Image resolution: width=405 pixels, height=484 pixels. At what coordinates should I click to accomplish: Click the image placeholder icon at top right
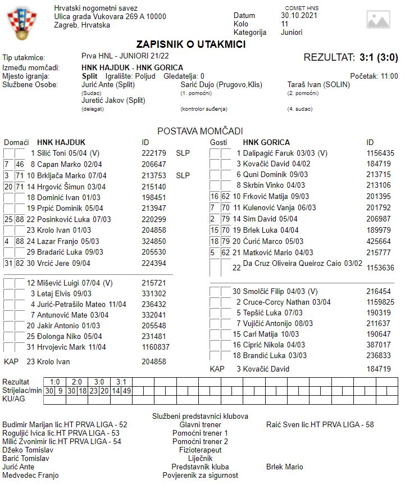click(377, 20)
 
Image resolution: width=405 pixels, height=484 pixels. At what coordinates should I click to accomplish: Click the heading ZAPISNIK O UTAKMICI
click(191, 44)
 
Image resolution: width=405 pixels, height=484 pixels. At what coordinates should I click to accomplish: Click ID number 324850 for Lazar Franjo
click(154, 241)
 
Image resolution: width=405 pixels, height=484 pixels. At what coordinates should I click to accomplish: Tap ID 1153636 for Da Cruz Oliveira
click(380, 268)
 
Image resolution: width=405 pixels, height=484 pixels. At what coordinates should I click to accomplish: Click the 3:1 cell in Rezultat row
click(121, 382)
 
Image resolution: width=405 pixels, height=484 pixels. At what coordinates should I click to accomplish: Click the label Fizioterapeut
click(200, 450)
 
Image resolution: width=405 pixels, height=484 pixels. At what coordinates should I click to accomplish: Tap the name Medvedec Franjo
click(30, 475)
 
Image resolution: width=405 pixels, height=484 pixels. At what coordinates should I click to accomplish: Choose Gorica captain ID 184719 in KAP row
click(379, 369)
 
